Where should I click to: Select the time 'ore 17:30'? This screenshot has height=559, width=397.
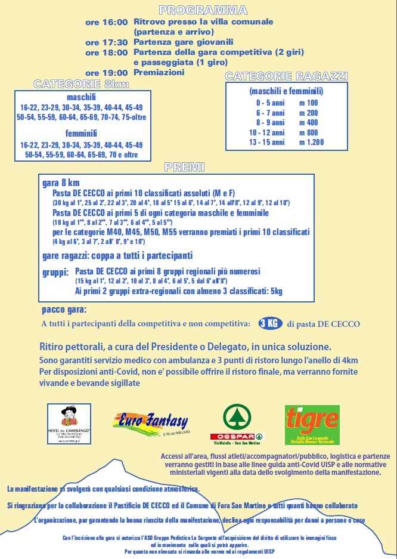click(106, 42)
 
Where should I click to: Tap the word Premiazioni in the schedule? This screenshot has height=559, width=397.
click(159, 72)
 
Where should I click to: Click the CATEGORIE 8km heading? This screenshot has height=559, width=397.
click(81, 84)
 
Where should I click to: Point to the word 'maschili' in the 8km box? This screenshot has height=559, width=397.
click(81, 97)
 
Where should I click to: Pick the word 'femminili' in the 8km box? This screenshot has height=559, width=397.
click(81, 134)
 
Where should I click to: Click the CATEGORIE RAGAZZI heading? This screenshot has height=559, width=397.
click(286, 76)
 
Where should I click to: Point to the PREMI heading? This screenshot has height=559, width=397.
click(185, 166)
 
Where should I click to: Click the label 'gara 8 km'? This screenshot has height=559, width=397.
click(61, 183)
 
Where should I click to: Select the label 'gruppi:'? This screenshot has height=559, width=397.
click(55, 271)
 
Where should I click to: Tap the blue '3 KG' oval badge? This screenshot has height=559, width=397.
click(269, 323)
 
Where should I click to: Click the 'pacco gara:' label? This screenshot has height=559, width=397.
click(64, 310)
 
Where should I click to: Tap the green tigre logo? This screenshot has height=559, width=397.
click(312, 424)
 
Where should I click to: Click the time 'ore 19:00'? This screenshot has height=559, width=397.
click(106, 72)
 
